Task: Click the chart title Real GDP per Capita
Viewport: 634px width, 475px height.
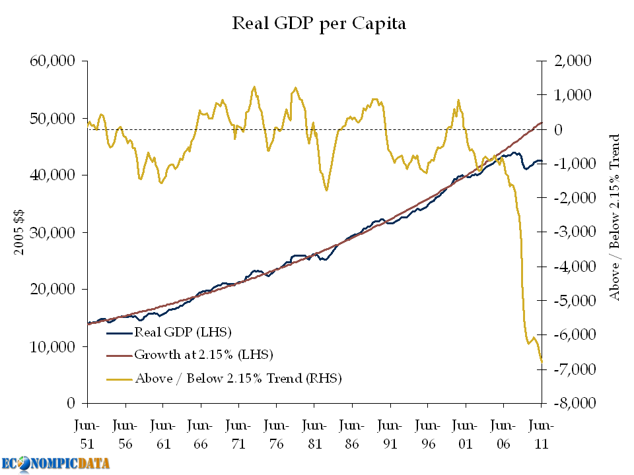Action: point(318,24)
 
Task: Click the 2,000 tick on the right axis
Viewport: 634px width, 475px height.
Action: point(573,61)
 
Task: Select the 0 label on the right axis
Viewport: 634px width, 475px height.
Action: point(558,130)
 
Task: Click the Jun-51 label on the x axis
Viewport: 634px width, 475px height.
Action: point(87,435)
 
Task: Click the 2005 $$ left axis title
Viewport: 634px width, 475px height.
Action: point(19,232)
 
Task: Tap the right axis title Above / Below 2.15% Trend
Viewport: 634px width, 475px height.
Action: point(615,218)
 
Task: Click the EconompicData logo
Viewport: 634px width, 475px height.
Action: point(55,463)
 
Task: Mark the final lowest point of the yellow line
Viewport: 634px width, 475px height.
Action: point(542,362)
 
